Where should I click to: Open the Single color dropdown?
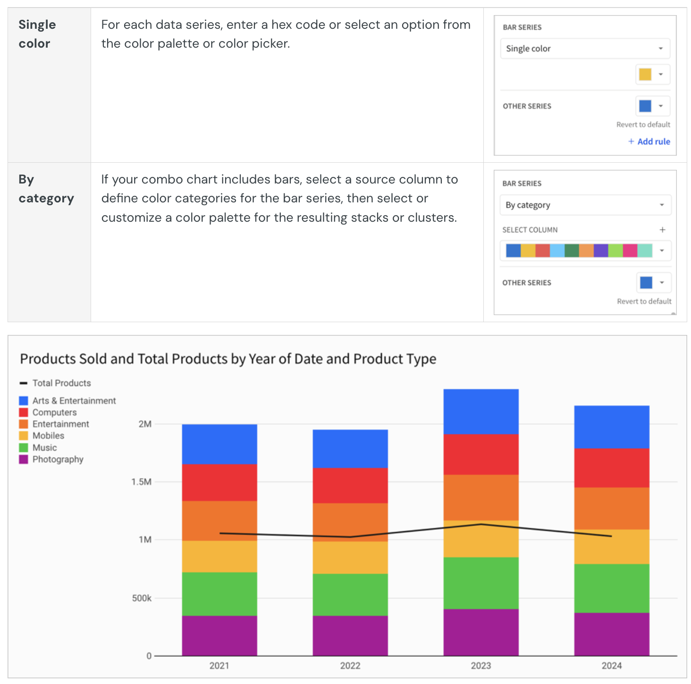[x=584, y=49]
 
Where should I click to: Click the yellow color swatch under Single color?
[x=645, y=75]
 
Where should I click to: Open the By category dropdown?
[x=585, y=205]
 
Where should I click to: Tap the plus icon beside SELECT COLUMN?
[x=662, y=230]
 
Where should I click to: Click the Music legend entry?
[x=44, y=448]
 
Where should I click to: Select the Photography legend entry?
[x=58, y=459]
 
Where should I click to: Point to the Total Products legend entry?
[x=61, y=383]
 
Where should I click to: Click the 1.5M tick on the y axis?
[x=142, y=482]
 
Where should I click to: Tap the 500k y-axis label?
[x=142, y=598]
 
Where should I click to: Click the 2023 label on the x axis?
[x=480, y=666]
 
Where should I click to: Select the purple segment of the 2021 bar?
[x=219, y=635]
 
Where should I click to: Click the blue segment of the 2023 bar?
[x=480, y=411]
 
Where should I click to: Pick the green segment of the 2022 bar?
[x=350, y=594]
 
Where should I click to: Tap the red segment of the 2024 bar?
[x=611, y=467]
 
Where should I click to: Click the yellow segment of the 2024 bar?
[x=611, y=546]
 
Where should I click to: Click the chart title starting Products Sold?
[x=228, y=359]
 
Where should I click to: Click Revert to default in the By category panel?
[x=644, y=301]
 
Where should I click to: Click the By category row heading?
[x=46, y=189]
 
